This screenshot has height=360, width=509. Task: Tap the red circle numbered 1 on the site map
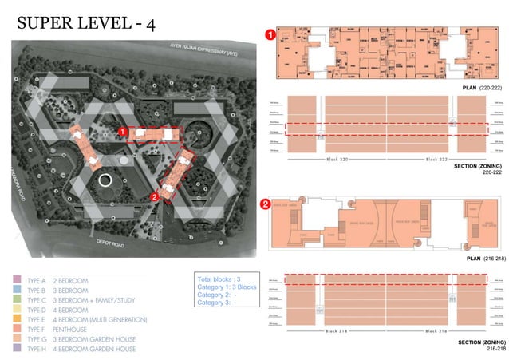(x=122, y=131)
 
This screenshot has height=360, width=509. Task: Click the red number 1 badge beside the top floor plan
(x=270, y=35)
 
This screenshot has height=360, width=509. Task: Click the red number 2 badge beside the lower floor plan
(x=266, y=204)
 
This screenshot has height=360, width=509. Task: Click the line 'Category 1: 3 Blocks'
(x=227, y=287)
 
